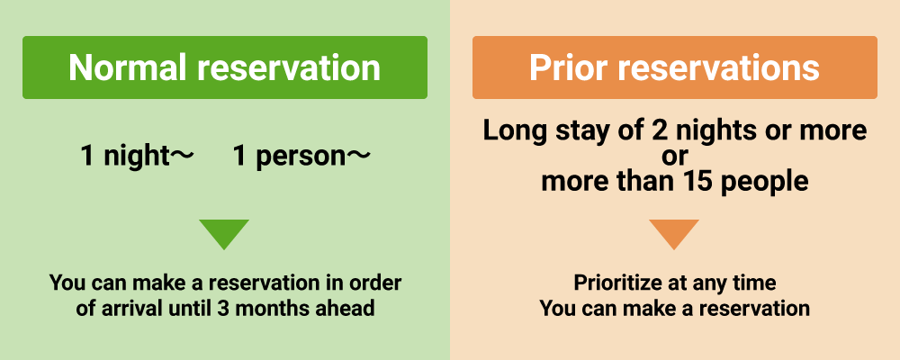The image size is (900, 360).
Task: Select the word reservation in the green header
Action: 289,67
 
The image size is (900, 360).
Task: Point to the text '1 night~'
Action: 138,157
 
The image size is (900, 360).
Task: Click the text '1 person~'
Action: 301,157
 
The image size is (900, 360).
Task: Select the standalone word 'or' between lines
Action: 674,157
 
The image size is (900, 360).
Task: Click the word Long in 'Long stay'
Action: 509,130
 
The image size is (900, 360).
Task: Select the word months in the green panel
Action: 270,309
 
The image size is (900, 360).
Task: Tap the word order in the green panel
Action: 374,283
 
